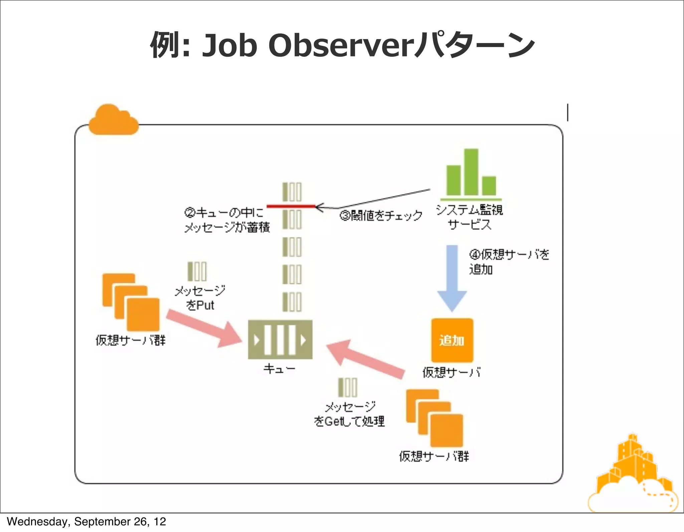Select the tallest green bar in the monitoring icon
(x=471, y=172)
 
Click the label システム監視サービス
(x=469, y=217)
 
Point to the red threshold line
(x=291, y=206)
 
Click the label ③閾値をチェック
(x=381, y=216)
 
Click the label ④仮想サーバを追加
(x=508, y=262)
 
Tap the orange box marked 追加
(x=452, y=340)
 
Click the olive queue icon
(x=280, y=340)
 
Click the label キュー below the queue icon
(x=279, y=369)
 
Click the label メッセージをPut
(x=200, y=298)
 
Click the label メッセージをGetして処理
(x=349, y=414)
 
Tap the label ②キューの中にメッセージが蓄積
(x=226, y=220)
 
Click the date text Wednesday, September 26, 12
(x=86, y=522)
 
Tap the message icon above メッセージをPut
(x=197, y=271)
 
